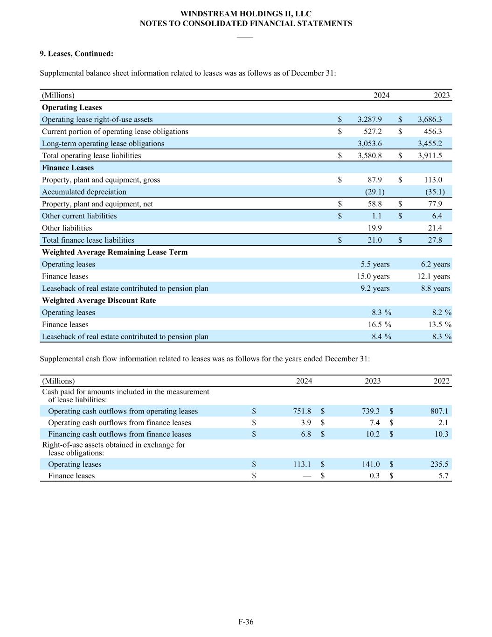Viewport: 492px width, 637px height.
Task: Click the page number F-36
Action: pos(246,622)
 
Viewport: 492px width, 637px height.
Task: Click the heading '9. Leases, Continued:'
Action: pos(76,54)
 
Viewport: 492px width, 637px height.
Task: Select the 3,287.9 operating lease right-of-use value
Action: pos(370,119)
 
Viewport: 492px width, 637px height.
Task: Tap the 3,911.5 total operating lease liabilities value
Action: pos(430,156)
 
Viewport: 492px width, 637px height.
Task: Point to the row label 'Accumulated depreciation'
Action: pos(84,192)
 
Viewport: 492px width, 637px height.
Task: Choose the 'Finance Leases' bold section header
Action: pos(68,168)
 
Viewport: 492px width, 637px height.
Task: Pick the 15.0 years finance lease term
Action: pos(373,276)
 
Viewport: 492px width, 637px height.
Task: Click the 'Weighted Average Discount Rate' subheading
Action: pos(99,301)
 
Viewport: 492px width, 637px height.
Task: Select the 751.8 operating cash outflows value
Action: pos(302,411)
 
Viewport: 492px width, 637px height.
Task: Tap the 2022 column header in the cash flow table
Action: pos(441,381)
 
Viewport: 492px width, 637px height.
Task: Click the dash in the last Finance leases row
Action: pos(306,476)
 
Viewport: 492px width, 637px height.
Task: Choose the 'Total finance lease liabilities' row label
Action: pos(88,240)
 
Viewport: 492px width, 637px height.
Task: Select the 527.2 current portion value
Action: pos(373,132)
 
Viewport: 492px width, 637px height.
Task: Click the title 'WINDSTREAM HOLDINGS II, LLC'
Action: pos(246,14)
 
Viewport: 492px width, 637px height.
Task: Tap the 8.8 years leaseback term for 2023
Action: pos(435,288)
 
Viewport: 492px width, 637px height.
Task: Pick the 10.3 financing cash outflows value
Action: pos(441,434)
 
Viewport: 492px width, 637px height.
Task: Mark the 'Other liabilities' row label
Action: pos(67,228)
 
